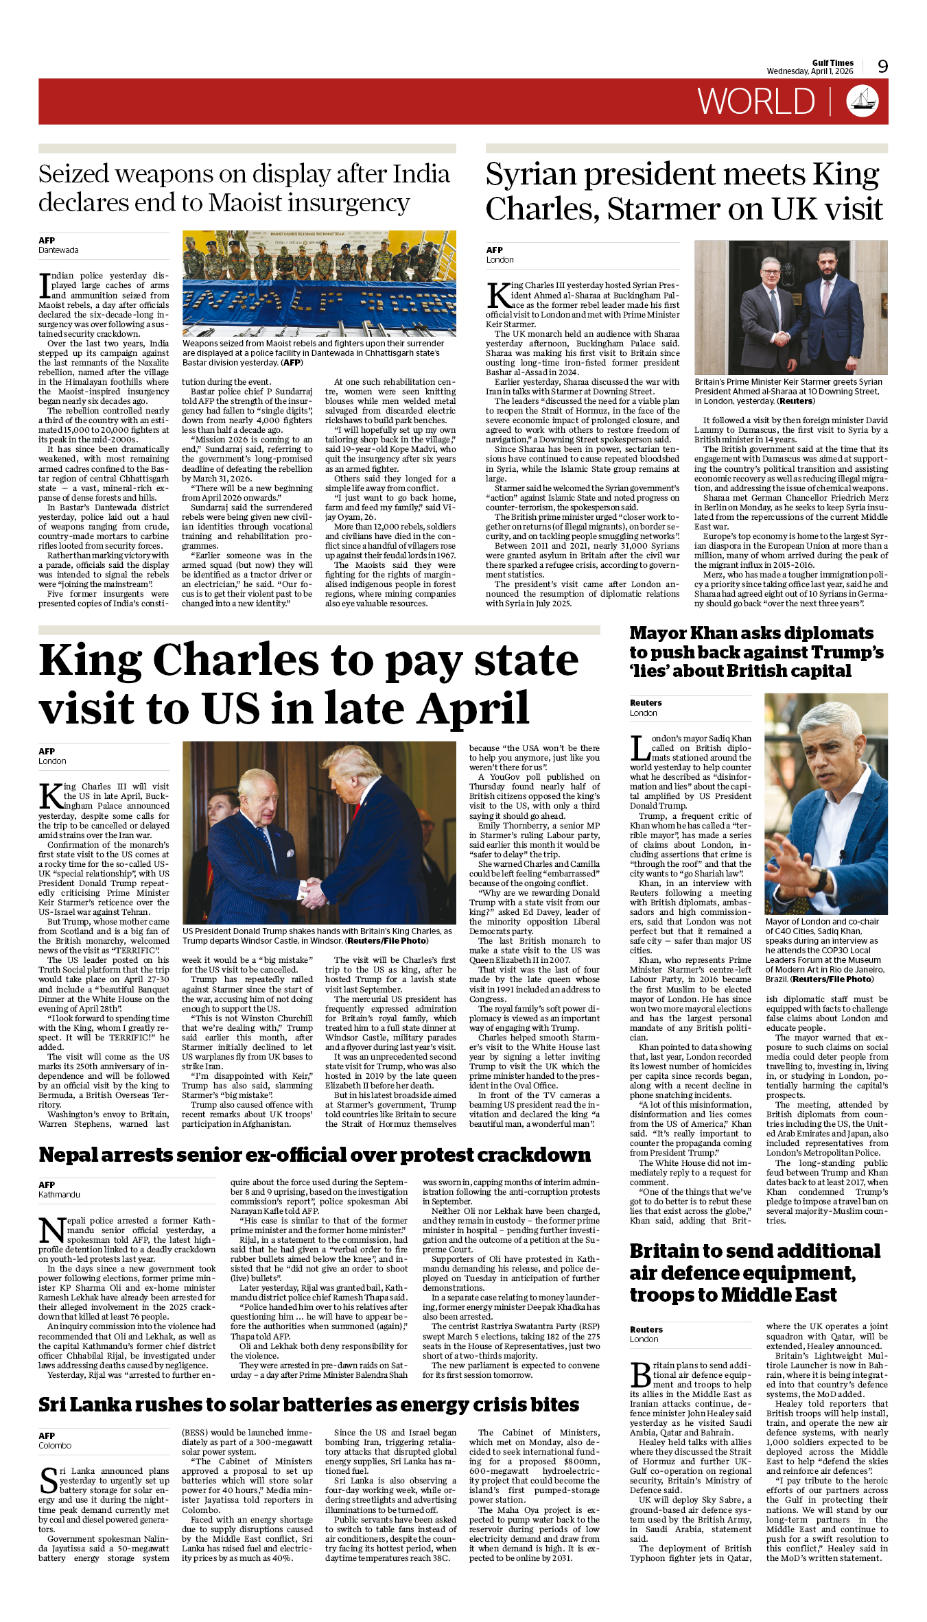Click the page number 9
(x=882, y=66)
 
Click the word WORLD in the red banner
(x=756, y=102)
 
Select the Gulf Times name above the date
(x=832, y=62)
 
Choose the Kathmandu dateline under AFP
(x=59, y=1195)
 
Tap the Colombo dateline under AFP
(x=55, y=1446)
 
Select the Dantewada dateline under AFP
(x=58, y=250)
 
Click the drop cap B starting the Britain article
(x=640, y=1374)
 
